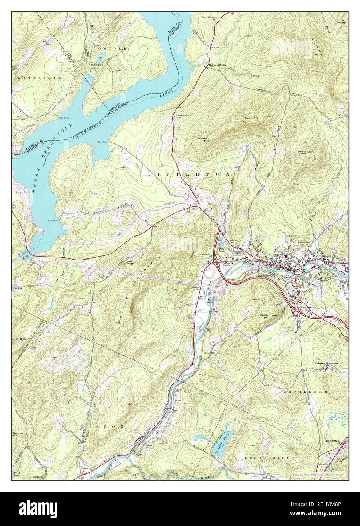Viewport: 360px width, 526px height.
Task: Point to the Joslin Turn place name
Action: pos(97,65)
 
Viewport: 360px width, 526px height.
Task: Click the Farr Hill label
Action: pos(253,119)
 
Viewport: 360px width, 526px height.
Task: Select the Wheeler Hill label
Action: pos(204,140)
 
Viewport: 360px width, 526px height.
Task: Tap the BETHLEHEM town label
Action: pos(305,392)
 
